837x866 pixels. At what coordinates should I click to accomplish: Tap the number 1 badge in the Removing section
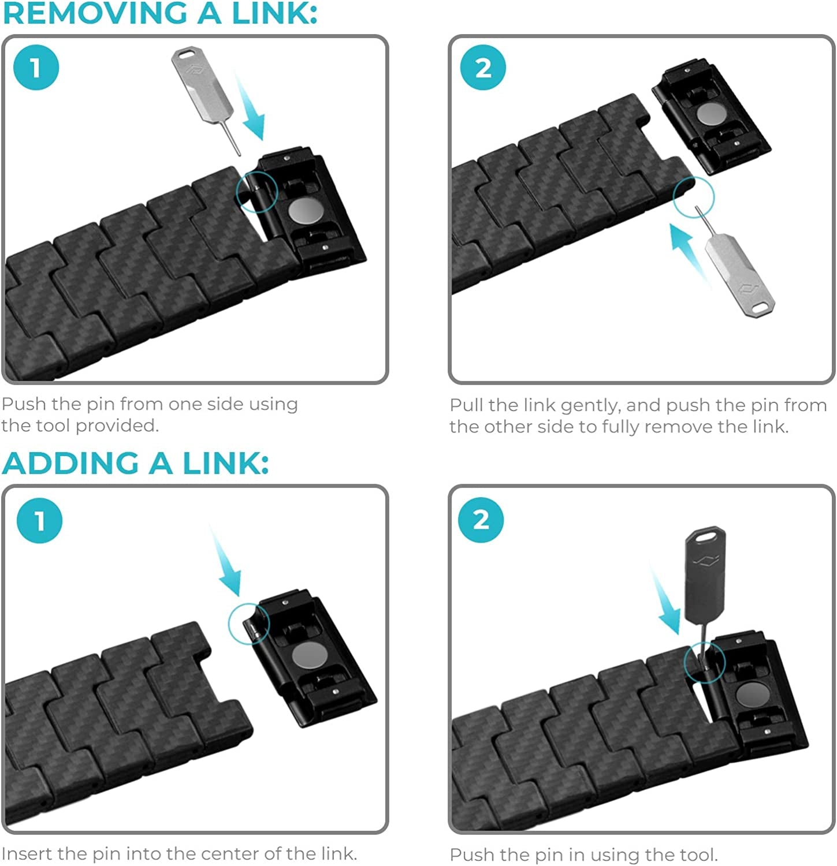(36, 68)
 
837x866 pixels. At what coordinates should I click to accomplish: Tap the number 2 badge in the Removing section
(483, 68)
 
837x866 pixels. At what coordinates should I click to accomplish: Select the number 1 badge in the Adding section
(39, 521)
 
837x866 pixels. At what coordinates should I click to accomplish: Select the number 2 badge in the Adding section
(481, 520)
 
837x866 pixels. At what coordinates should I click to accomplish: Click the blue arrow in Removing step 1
(251, 110)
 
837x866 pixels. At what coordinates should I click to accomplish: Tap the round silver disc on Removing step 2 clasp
(711, 114)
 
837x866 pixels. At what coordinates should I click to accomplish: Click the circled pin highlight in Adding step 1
(249, 624)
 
